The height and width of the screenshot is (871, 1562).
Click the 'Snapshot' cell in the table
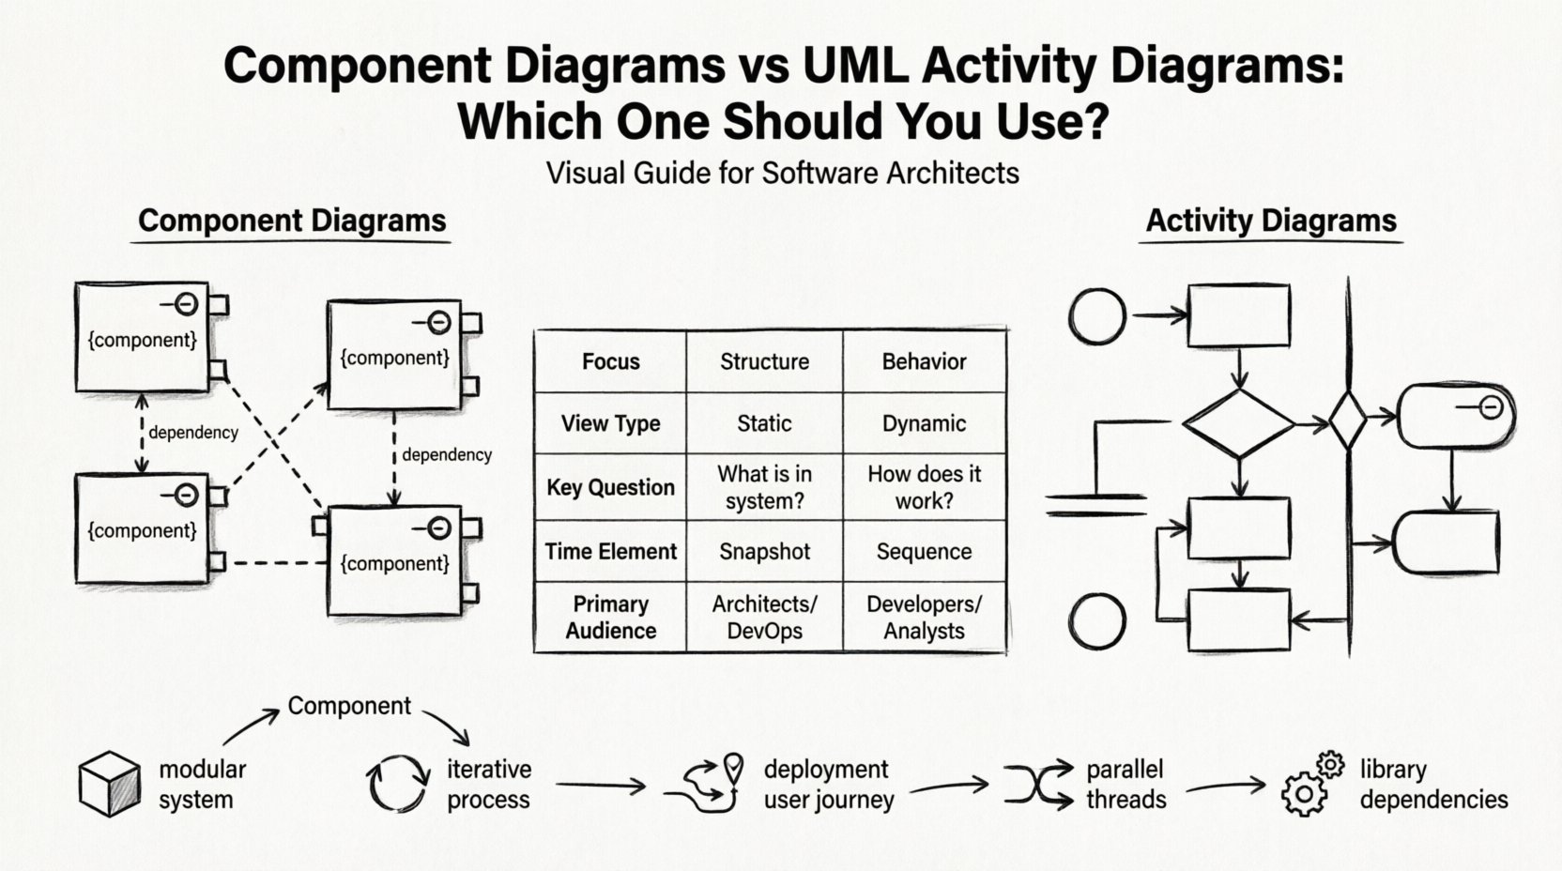point(764,551)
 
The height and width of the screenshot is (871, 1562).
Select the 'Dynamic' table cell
point(924,423)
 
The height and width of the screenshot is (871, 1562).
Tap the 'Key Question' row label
point(610,487)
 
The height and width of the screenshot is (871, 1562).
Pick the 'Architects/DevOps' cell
point(764,617)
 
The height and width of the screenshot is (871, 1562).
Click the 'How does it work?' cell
point(924,487)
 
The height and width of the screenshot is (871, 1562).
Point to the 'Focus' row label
point(610,361)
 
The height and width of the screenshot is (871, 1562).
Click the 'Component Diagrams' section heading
point(292,222)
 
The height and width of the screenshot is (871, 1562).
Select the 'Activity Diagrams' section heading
point(1271,222)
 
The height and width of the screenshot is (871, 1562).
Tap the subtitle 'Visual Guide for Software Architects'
point(782,173)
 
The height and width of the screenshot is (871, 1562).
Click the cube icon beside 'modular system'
point(110,783)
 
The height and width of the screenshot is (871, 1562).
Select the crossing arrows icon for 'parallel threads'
point(1038,784)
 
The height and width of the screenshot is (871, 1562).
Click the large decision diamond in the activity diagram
point(1239,423)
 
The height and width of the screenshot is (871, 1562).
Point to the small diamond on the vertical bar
point(1348,422)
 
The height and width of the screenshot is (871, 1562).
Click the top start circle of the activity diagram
point(1097,316)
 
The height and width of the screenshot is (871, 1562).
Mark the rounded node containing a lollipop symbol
point(1455,415)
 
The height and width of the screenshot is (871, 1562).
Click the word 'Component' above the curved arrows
point(349,706)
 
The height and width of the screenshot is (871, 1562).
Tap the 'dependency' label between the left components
point(192,433)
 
